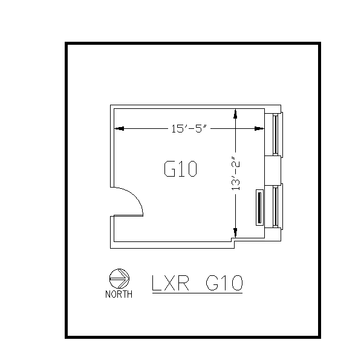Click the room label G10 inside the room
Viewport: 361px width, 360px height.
(180, 169)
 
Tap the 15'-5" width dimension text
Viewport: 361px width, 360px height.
(189, 128)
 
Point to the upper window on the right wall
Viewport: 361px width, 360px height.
(276, 133)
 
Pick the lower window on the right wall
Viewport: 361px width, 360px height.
(276, 206)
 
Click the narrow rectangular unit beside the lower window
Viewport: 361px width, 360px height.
(261, 208)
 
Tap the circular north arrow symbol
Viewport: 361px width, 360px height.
(119, 278)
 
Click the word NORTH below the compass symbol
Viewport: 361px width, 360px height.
(119, 295)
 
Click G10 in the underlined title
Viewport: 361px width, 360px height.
(224, 283)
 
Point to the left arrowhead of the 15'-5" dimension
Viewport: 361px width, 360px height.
(119, 128)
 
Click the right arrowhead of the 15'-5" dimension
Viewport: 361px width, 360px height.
(259, 128)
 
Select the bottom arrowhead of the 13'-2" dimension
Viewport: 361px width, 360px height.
(236, 234)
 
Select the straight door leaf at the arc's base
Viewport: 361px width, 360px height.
(127, 216)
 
